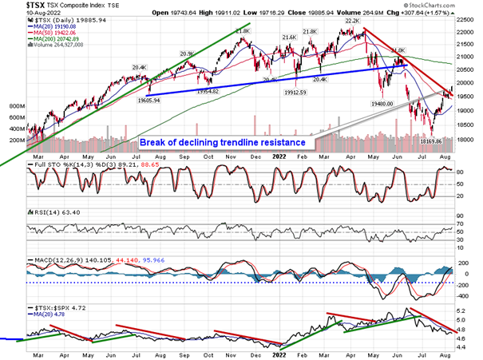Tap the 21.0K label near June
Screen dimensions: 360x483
(x=397, y=50)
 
